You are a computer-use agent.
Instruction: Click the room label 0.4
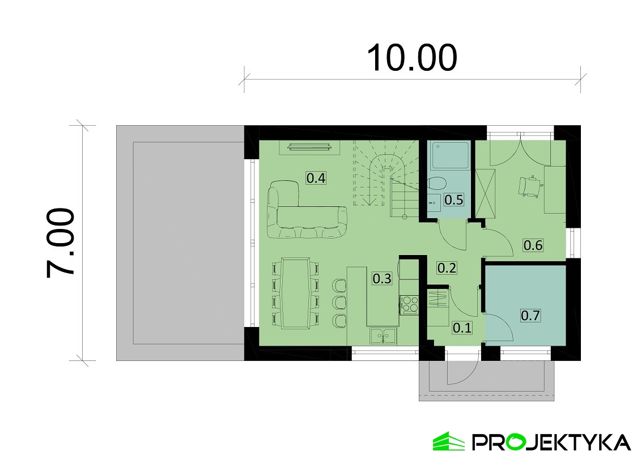316,178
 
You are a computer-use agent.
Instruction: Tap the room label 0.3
382,278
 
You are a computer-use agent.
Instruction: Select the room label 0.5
454,199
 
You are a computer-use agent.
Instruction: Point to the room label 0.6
533,245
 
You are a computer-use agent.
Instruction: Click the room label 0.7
530,315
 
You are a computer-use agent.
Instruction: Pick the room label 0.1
462,328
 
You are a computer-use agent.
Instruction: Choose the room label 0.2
447,268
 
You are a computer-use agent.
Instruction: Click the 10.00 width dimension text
412,58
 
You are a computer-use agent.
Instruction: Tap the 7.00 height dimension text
61,243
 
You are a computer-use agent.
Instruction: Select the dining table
295,292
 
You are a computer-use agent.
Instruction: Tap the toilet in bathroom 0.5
437,183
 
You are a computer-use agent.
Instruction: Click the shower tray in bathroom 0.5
450,155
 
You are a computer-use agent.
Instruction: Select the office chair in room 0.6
530,187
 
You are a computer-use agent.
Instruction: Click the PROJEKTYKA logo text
551,442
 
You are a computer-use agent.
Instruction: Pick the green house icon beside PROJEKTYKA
448,441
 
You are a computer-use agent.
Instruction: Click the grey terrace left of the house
180,243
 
